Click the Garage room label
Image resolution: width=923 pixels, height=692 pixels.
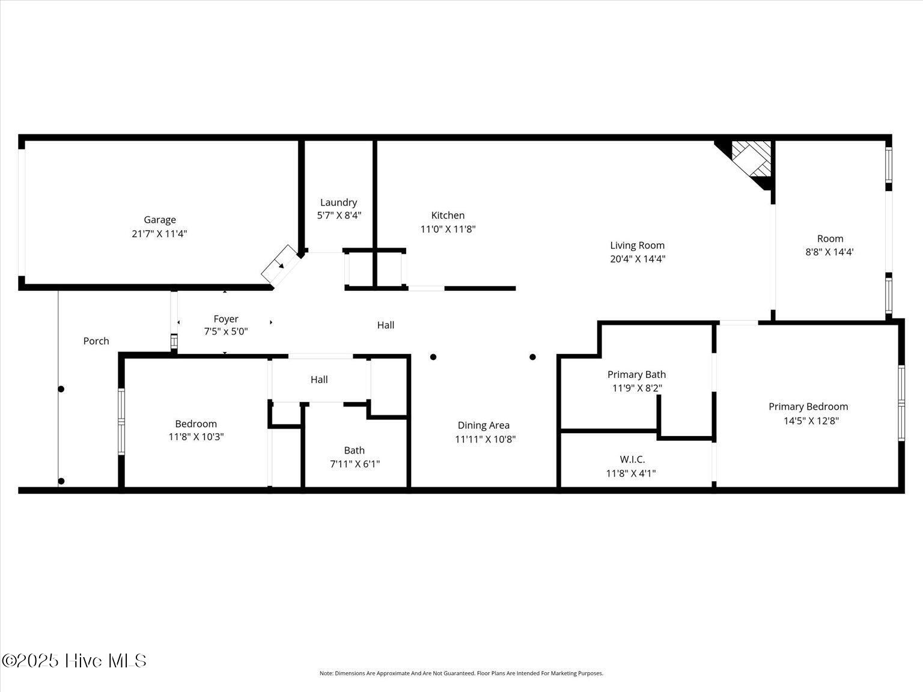coord(159,220)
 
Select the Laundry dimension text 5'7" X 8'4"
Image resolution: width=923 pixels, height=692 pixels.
coord(339,216)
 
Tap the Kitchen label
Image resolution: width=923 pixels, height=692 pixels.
coord(448,215)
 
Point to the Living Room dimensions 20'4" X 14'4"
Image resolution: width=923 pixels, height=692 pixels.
coord(637,259)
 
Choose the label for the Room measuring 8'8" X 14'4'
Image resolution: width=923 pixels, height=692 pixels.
coord(830,238)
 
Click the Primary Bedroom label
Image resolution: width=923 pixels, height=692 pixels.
coord(808,407)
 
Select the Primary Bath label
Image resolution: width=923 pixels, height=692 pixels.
coord(636,374)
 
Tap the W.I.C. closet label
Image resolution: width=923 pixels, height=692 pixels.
coord(632,460)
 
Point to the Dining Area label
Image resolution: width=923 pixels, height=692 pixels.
coord(483,425)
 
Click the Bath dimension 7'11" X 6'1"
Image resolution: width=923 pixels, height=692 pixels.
coord(355,464)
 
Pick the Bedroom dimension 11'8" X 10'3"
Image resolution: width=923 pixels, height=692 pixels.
coord(196,437)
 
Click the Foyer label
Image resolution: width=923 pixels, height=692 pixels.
coord(226,319)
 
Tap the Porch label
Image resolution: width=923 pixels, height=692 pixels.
coord(96,341)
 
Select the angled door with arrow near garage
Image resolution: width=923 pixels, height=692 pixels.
coord(280,265)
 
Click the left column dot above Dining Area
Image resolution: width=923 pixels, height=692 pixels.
coord(433,357)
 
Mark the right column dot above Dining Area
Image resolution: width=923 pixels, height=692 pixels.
coord(532,357)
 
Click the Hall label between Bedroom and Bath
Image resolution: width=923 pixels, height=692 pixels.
coord(319,380)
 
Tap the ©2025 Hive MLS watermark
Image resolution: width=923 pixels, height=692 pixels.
coord(74,661)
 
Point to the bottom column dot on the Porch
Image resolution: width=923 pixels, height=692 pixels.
coord(61,481)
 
